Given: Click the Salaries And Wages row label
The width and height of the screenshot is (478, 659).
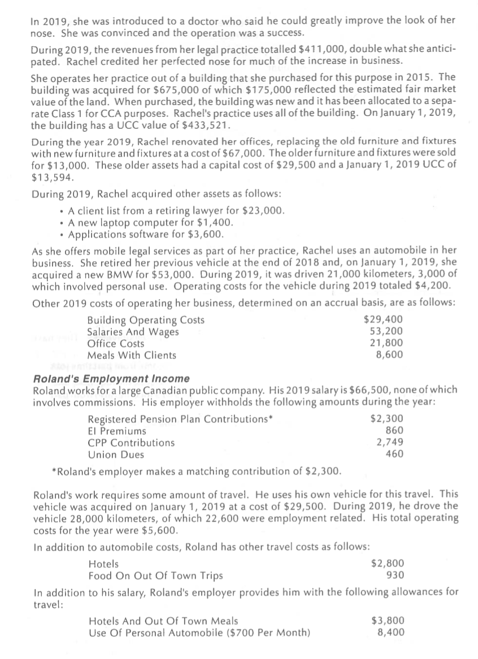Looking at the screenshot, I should pyautogui.click(x=133, y=332).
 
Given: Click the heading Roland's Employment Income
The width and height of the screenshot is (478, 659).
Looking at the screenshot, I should pyautogui.click(x=112, y=379).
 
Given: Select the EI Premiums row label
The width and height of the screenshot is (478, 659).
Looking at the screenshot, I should pyautogui.click(x=117, y=431).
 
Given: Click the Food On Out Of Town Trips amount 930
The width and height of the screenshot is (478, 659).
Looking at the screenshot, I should pyautogui.click(x=394, y=575).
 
